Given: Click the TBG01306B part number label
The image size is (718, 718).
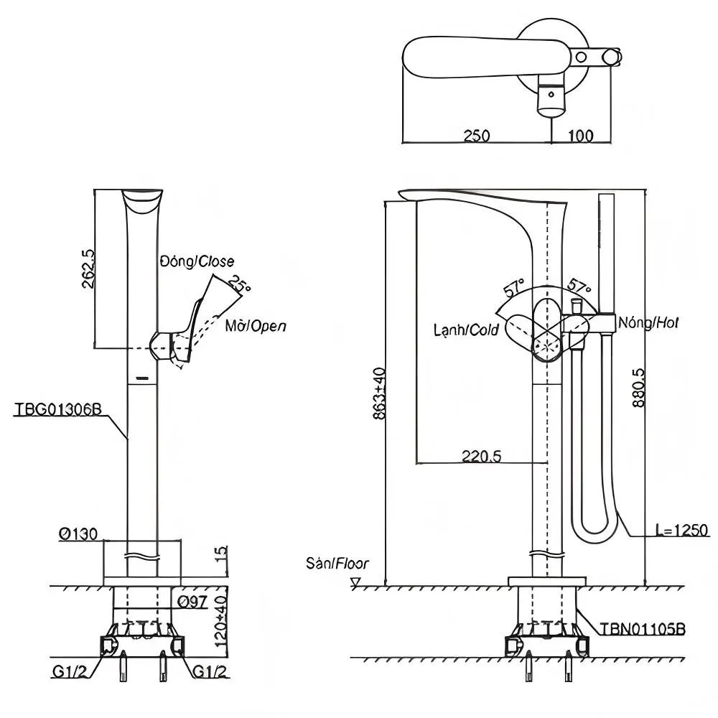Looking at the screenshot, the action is pyautogui.click(x=58, y=409).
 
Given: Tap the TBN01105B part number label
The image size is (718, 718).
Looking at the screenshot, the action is pyautogui.click(x=643, y=629).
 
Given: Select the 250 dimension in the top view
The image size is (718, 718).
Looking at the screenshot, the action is pyautogui.click(x=477, y=136).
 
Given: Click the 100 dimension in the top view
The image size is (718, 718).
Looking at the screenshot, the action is pyautogui.click(x=581, y=136).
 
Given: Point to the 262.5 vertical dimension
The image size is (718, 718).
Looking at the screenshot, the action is pyautogui.click(x=88, y=269).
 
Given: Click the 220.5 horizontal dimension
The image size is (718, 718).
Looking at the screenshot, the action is pyautogui.click(x=481, y=456).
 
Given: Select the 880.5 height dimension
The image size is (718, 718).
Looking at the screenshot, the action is pyautogui.click(x=638, y=388).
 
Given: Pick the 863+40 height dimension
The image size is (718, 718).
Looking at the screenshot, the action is pyautogui.click(x=379, y=393).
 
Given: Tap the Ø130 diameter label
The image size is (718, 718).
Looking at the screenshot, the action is pyautogui.click(x=78, y=534).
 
